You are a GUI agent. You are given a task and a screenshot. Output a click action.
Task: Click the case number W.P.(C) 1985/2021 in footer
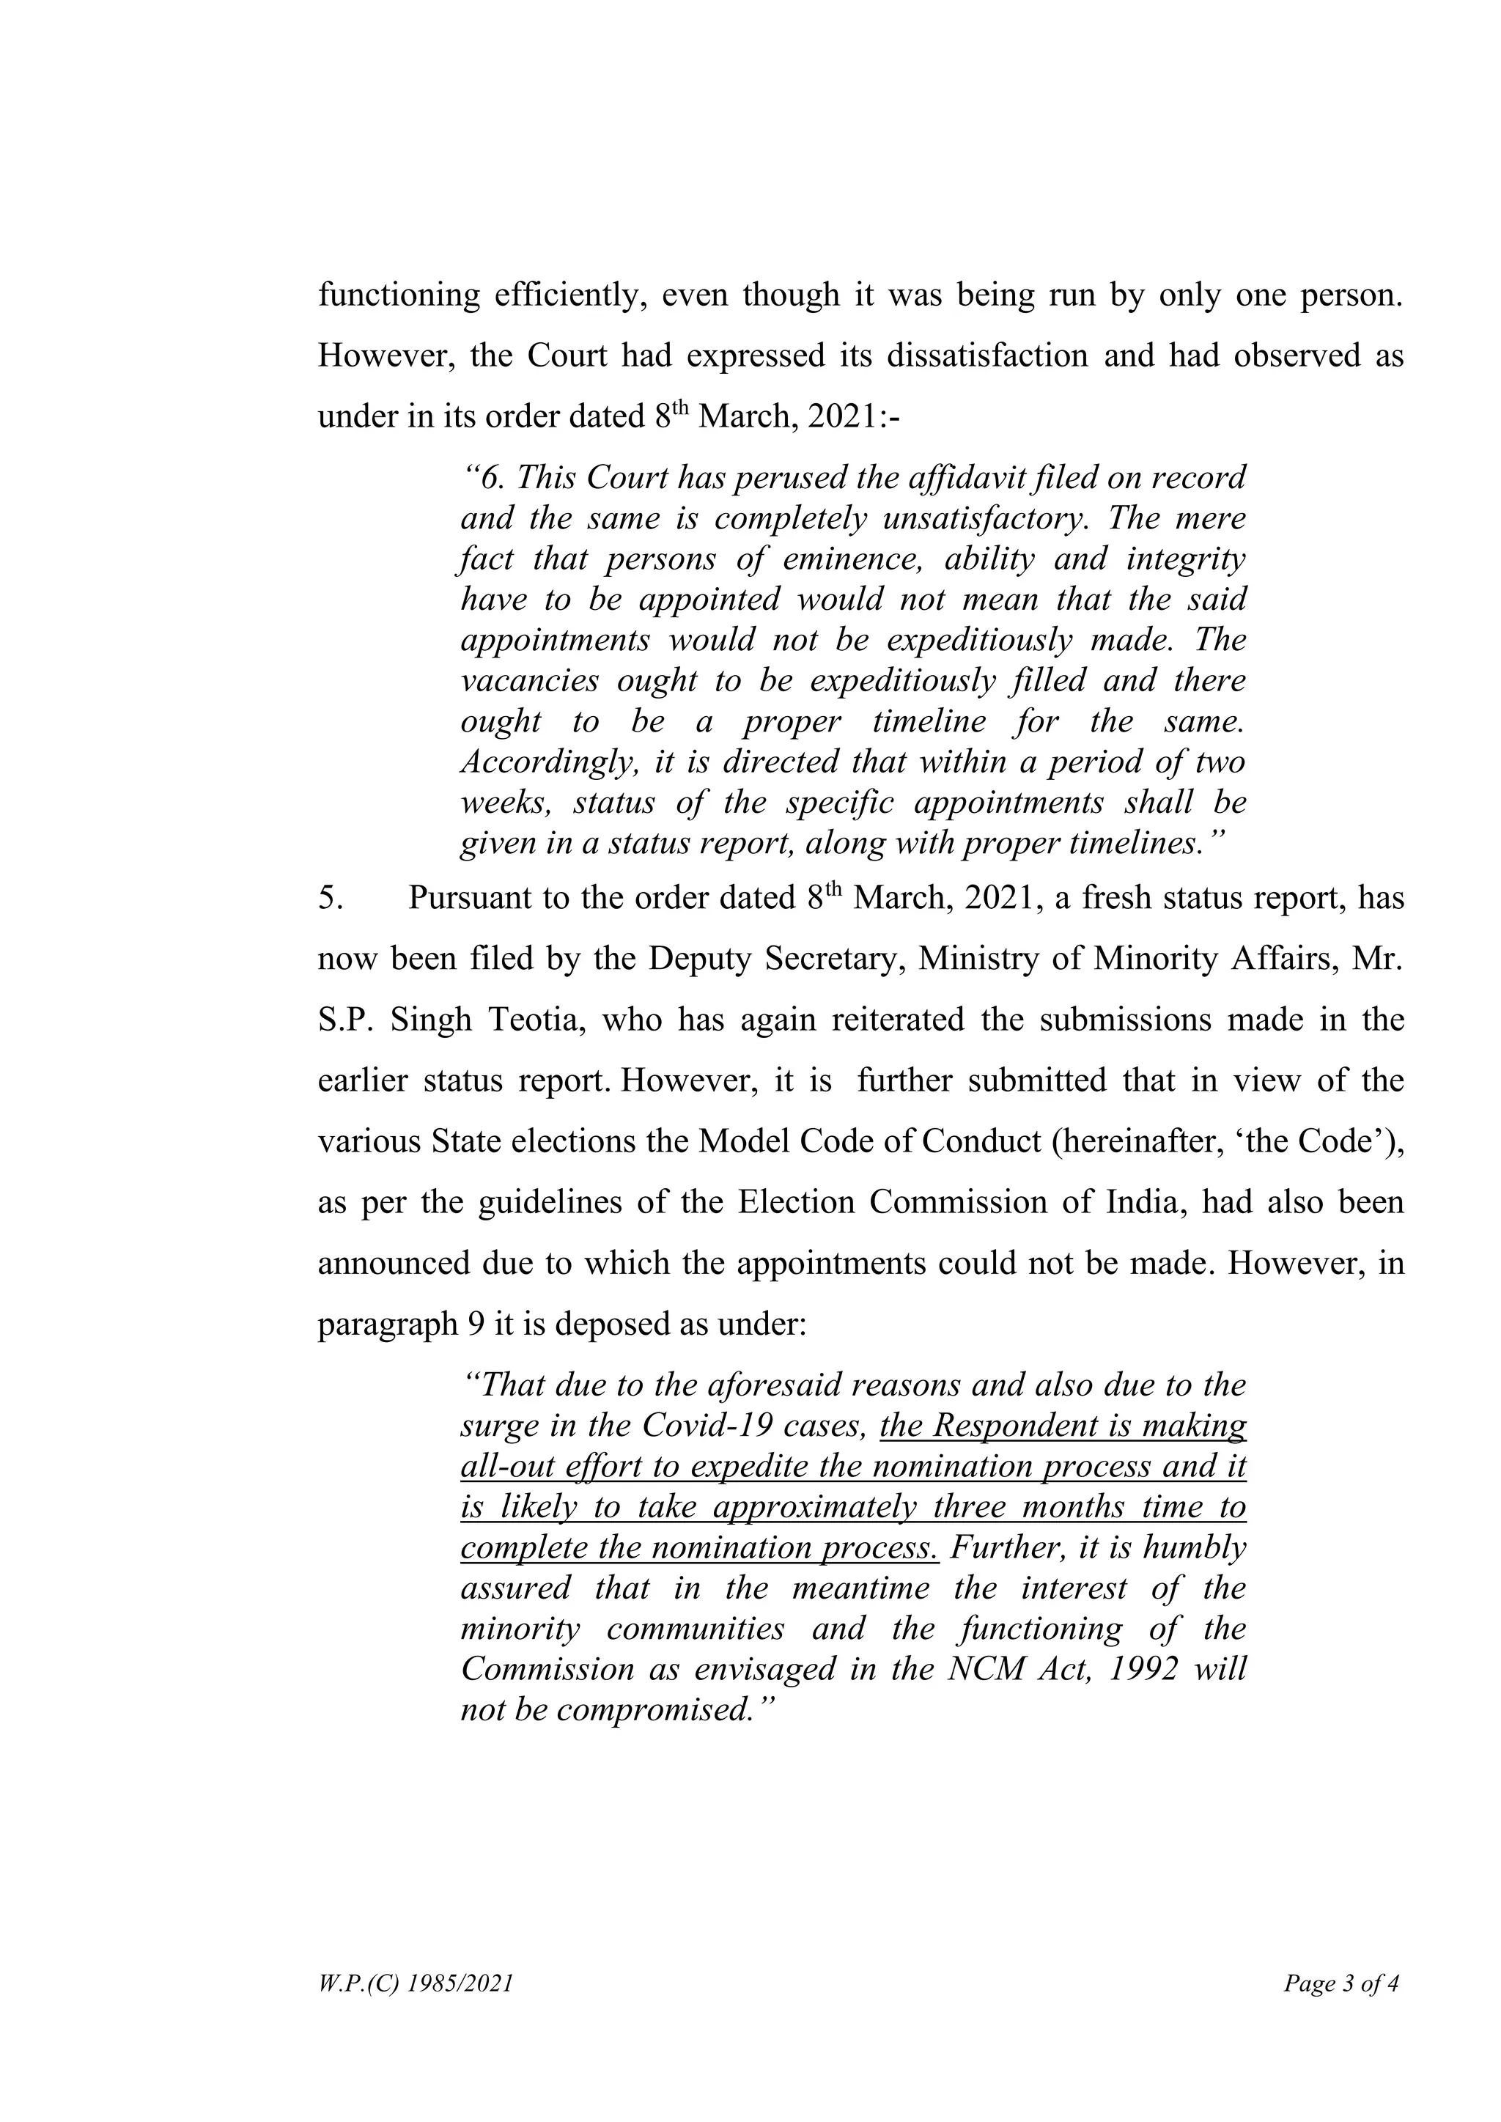pyautogui.click(x=414, y=1983)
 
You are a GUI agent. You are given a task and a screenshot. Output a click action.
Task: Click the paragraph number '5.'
pyautogui.click(x=331, y=899)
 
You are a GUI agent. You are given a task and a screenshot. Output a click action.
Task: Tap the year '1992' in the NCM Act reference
pyautogui.click(x=1143, y=1670)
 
